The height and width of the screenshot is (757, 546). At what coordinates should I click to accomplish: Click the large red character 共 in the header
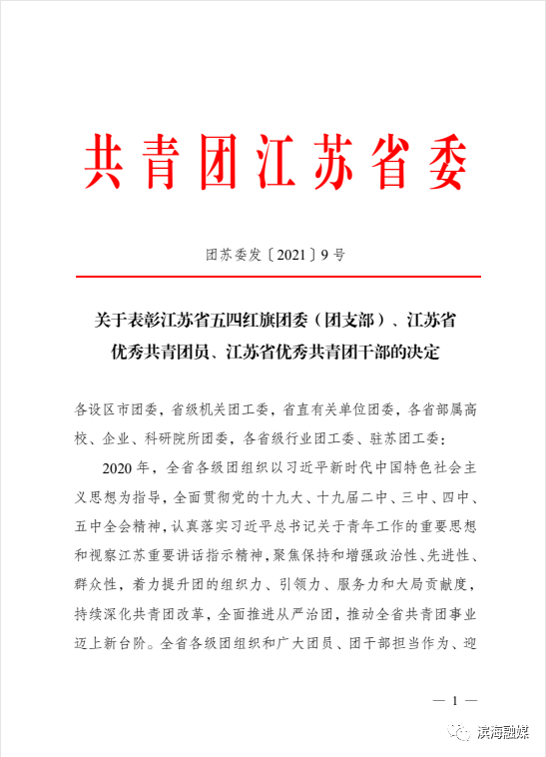[x=107, y=162]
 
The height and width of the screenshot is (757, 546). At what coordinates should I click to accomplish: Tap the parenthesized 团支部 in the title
[x=348, y=321]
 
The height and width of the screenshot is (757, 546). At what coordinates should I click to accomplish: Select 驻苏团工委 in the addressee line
[x=418, y=436]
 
